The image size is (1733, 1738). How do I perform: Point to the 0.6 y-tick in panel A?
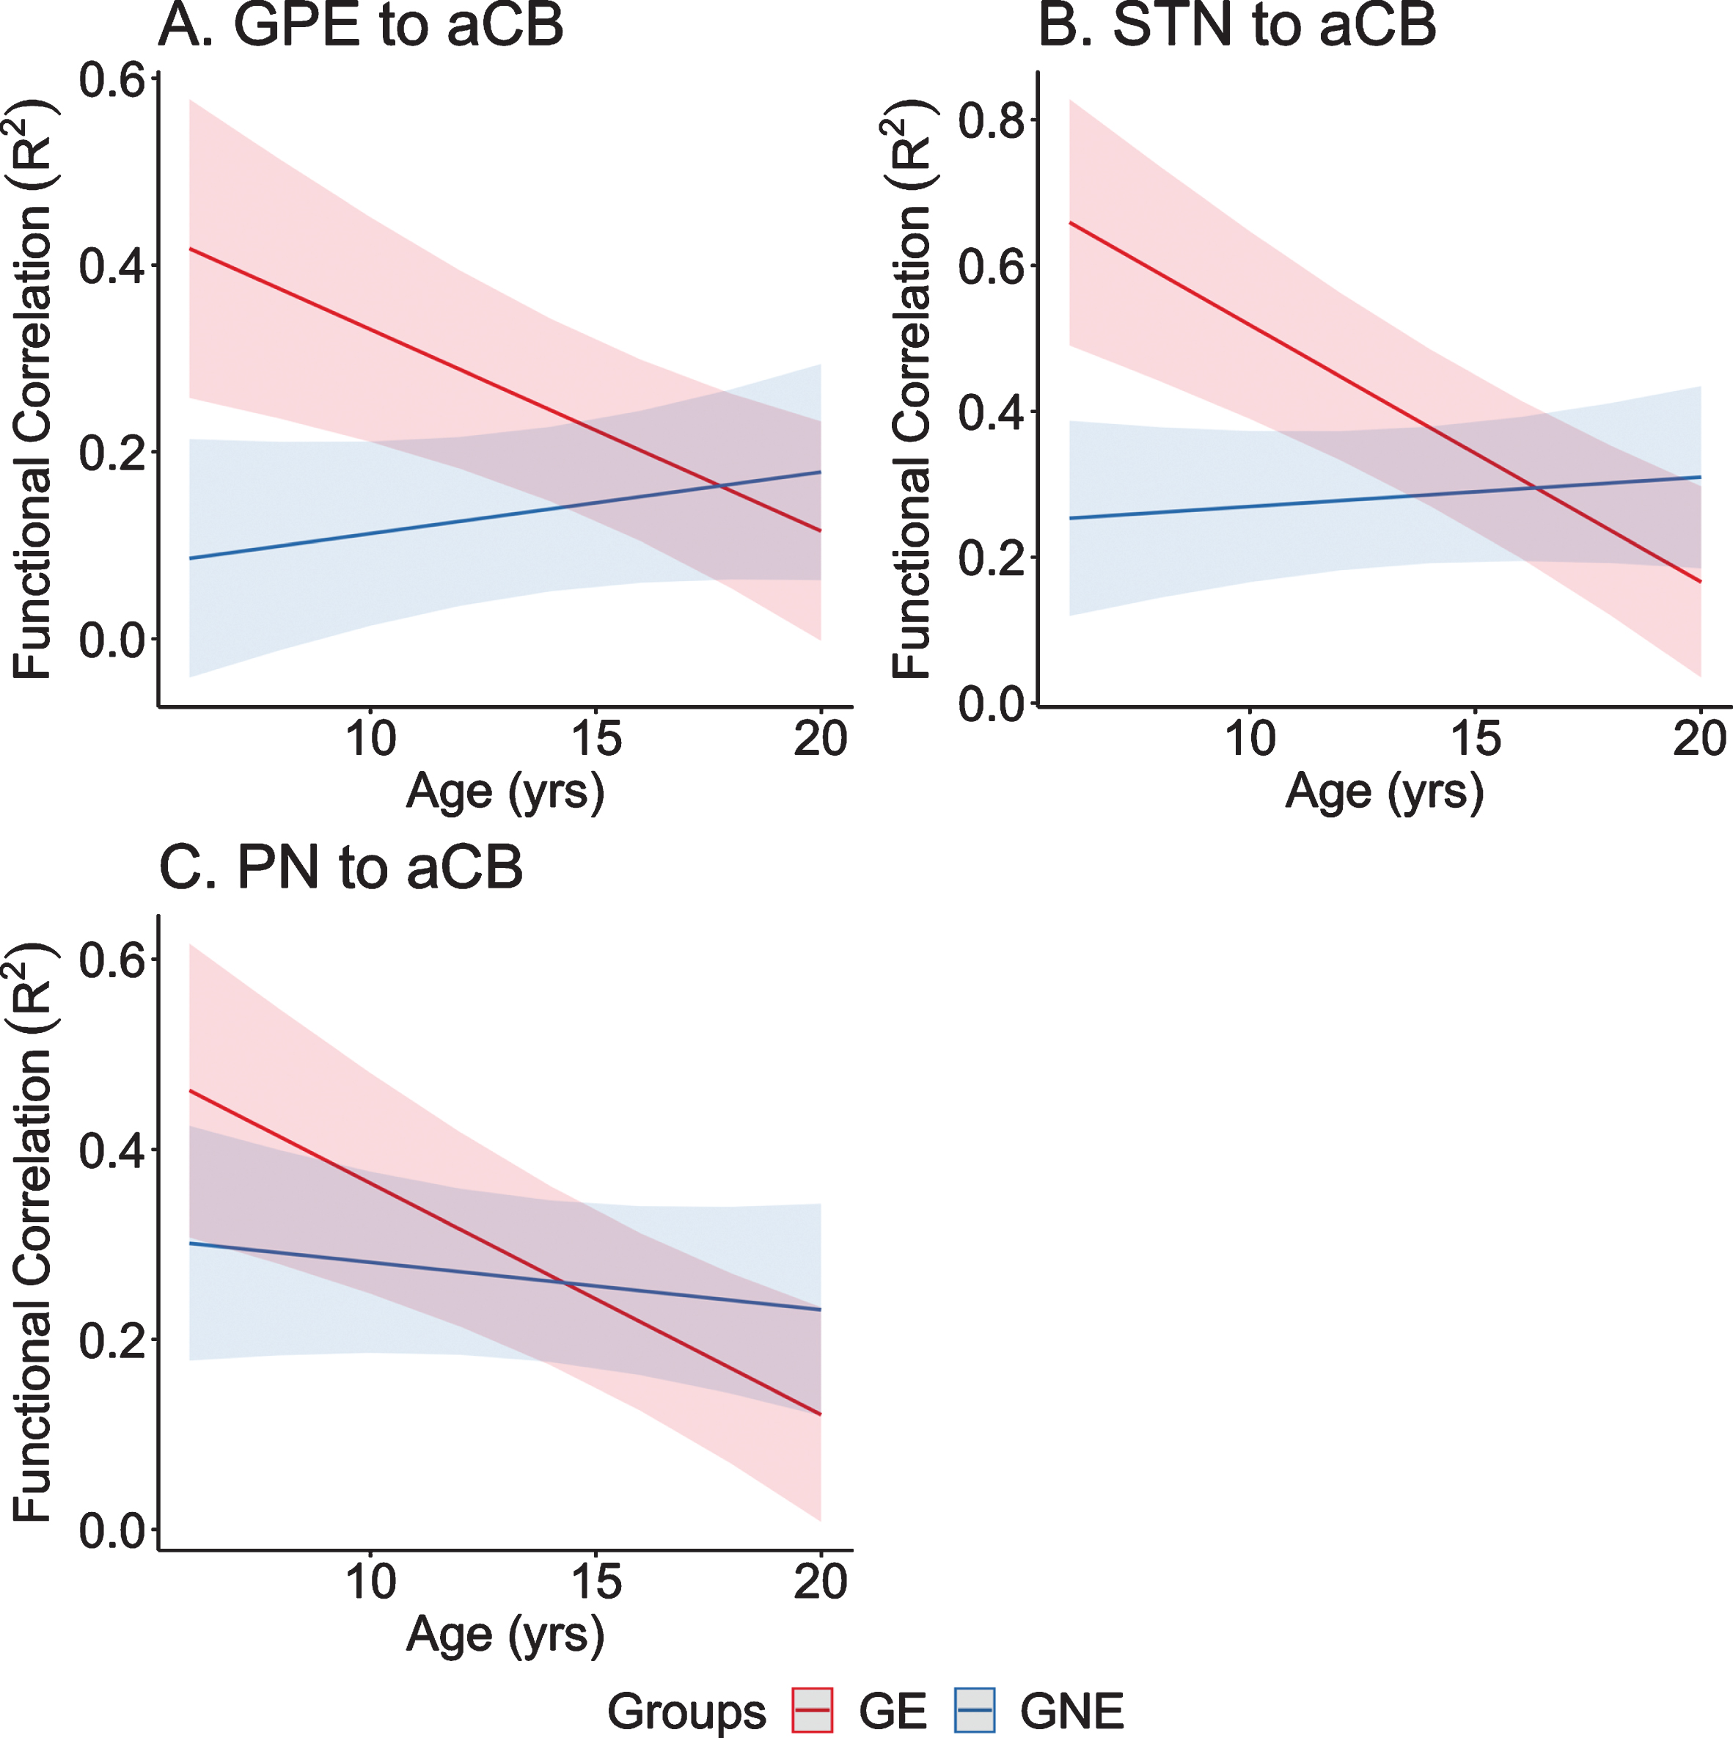point(112,80)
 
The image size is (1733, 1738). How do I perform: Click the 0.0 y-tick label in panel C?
point(112,1530)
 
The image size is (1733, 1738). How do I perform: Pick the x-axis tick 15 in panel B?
point(1476,739)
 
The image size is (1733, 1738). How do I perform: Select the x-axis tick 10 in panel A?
point(370,739)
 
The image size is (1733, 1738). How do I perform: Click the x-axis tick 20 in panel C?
point(820,1582)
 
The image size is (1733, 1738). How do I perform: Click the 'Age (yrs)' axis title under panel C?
point(505,1635)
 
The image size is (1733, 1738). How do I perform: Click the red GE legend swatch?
point(812,1710)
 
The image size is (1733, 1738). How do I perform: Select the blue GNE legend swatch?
point(974,1710)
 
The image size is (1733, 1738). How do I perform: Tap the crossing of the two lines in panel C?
point(565,1283)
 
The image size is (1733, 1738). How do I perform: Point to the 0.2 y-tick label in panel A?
point(112,453)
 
